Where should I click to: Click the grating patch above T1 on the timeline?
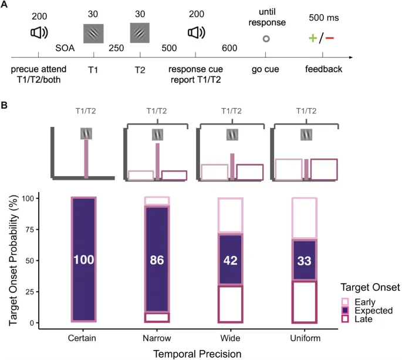pos(93,35)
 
